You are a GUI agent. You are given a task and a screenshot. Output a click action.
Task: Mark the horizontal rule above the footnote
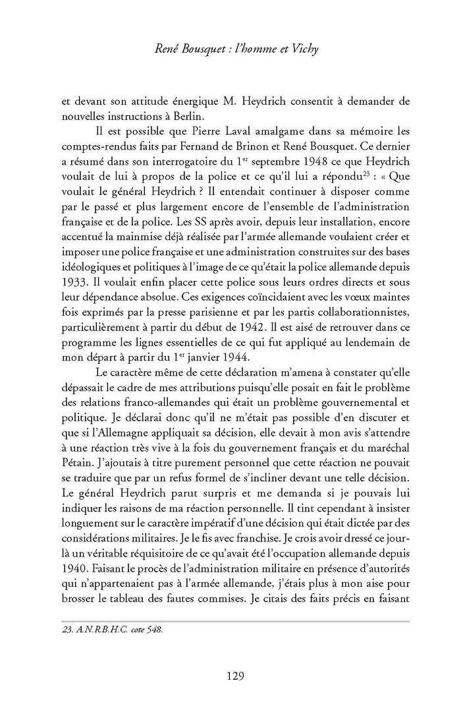[x=235, y=620]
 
